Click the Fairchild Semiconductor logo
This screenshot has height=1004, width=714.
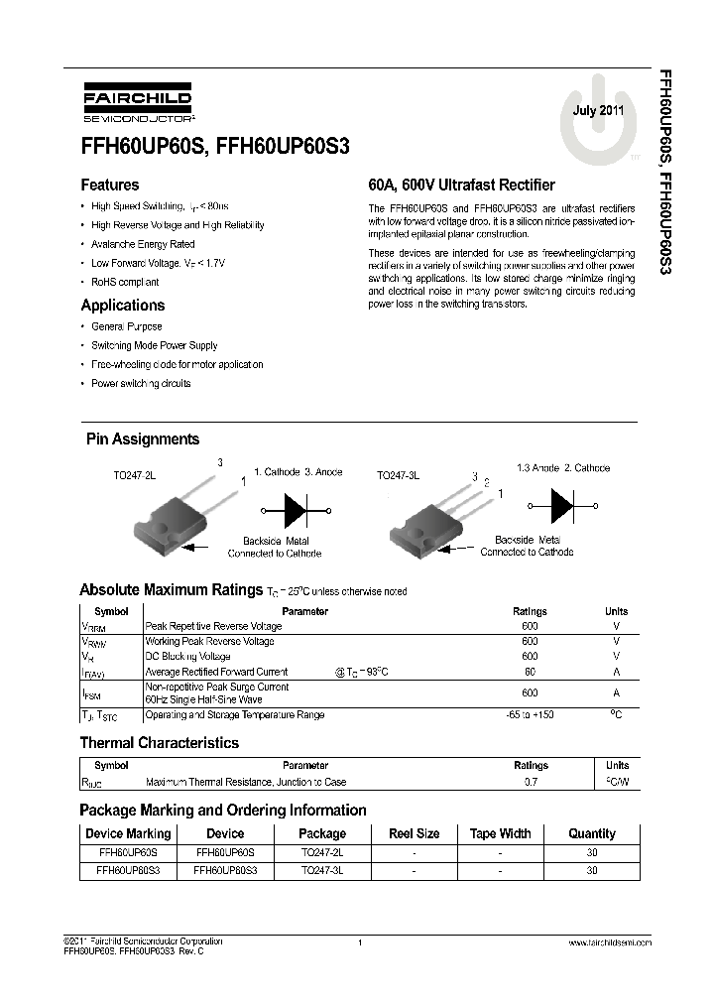point(125,106)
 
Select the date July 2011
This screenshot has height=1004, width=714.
point(599,112)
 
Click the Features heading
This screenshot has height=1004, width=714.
point(109,185)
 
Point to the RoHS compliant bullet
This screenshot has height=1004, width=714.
point(124,282)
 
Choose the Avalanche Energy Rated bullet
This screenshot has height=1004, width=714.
point(143,244)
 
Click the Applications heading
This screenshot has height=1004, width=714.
point(122,306)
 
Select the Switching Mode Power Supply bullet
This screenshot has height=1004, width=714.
point(154,345)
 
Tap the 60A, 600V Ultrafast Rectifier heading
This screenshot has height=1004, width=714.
point(461,185)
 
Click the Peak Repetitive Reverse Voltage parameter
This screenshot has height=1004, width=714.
point(213,626)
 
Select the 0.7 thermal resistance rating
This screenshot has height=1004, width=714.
point(531,783)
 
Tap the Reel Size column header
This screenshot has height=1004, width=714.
point(414,833)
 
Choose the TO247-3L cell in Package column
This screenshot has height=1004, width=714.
point(322,870)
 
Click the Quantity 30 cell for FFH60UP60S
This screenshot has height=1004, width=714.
point(592,852)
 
